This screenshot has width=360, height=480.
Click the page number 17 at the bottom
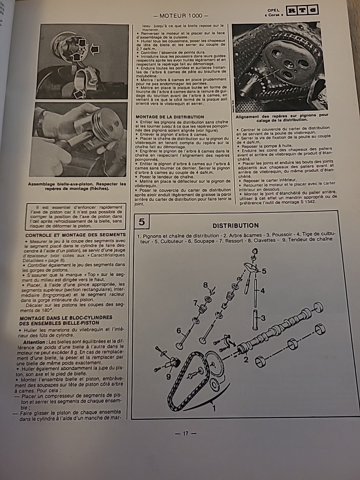[186, 433]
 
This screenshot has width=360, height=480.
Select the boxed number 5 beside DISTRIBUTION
[142, 221]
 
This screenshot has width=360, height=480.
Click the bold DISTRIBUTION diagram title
[235, 226]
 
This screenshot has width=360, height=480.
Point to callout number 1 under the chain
[214, 408]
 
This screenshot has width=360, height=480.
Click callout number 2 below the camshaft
[246, 359]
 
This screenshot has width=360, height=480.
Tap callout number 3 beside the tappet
[263, 318]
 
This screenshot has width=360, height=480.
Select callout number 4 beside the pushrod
[262, 291]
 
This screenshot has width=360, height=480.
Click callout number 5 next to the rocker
[264, 271]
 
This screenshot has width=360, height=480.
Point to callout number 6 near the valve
[179, 331]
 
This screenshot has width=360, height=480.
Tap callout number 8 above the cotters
[206, 285]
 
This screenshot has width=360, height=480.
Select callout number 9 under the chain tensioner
[169, 377]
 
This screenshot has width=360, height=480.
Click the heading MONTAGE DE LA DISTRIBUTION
[170, 117]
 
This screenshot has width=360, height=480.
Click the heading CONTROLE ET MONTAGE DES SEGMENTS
[75, 235]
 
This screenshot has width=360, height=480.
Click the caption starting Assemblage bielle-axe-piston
[77, 186]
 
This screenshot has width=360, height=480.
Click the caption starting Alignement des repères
[282, 117]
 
